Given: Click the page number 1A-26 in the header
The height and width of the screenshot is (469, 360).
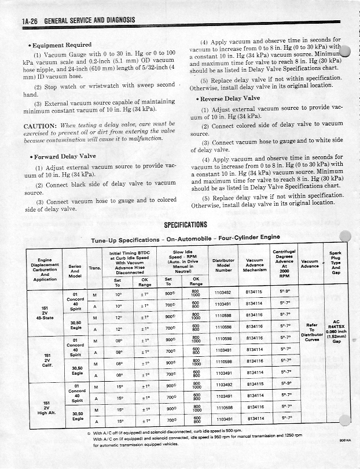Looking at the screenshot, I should click(31, 20).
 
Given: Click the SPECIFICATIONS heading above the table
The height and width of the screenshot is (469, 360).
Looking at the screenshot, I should click(185, 225).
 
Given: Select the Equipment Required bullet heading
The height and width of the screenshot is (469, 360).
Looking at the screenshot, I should click(61, 45).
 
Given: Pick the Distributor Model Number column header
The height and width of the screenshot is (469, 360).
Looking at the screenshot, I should click(223, 265).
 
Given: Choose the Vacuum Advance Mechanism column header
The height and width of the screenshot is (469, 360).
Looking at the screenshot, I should click(254, 265).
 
